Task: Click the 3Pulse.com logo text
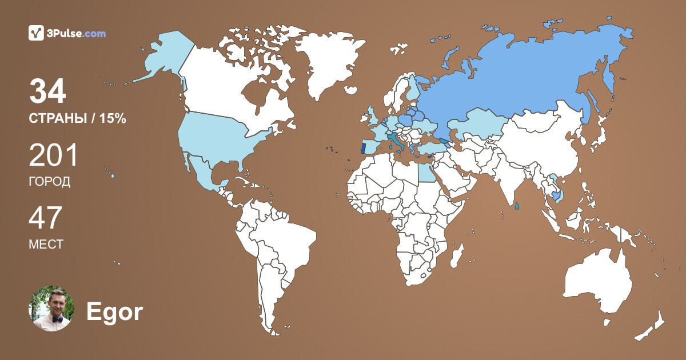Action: coord(77,33)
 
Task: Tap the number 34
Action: coord(47,91)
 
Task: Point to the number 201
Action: coord(53,155)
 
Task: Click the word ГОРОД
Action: coord(50,182)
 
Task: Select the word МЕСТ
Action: coord(46,244)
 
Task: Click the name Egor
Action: coord(114,312)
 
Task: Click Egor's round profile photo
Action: coord(52,309)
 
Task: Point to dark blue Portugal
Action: coord(363,147)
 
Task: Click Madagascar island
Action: coord(456,254)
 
